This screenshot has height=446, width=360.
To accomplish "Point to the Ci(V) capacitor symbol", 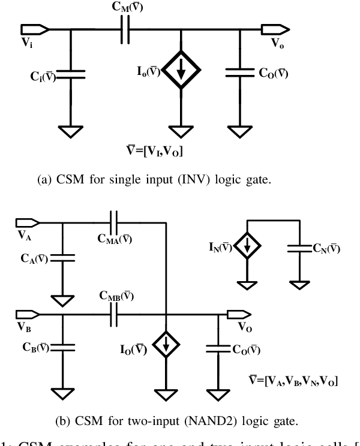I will coord(71,74).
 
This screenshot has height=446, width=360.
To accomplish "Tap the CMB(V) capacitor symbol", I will coord(114,312).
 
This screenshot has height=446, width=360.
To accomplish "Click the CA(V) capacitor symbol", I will coord(62,258).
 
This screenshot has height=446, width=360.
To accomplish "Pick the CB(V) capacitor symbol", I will coord(62,346).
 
